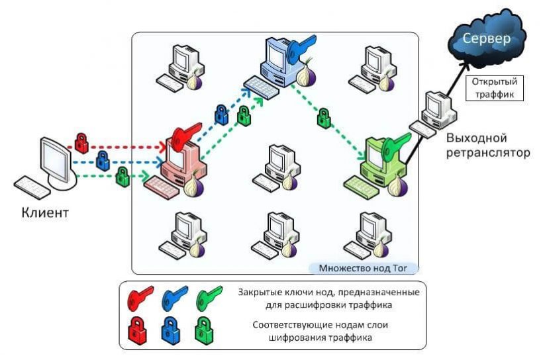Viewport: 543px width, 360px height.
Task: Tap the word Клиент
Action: point(45,213)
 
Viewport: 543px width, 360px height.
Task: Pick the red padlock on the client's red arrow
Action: point(81,141)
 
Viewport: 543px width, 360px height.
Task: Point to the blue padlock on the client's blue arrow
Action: point(103,159)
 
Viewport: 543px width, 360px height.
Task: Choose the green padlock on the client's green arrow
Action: point(121,176)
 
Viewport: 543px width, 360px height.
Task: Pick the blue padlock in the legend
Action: point(170,328)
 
